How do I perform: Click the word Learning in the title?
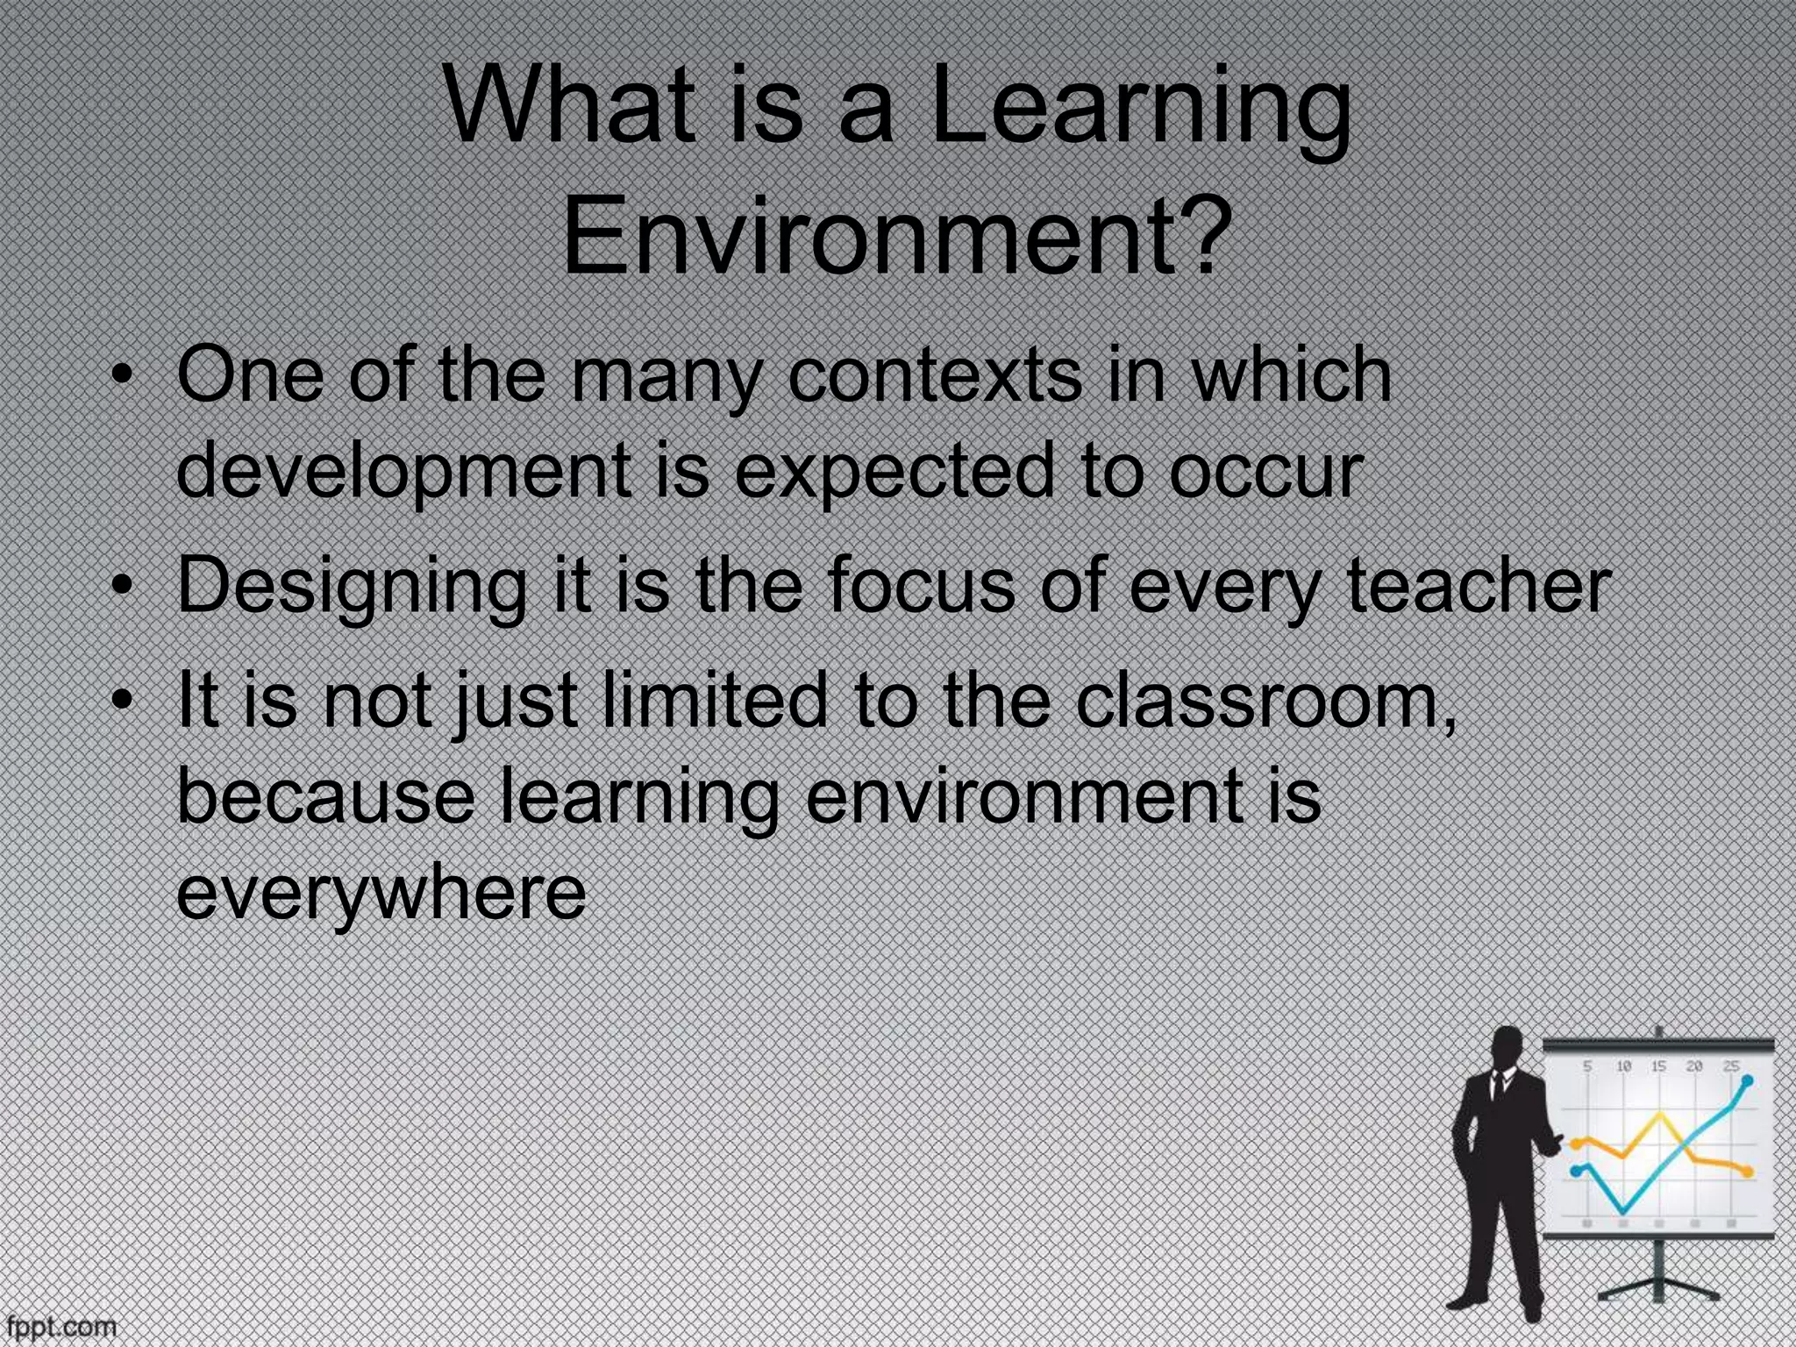pos(1140,110)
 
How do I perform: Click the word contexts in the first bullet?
pos(934,375)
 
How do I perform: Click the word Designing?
pos(352,586)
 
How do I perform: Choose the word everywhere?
pos(381,891)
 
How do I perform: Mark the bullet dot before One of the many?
pos(125,377)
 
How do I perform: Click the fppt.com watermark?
pos(60,1325)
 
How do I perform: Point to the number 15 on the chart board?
pos(1658,1066)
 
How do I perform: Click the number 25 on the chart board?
pos(1731,1066)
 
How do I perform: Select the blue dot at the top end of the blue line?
pos(1748,1081)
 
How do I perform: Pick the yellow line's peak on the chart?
pos(1659,1115)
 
